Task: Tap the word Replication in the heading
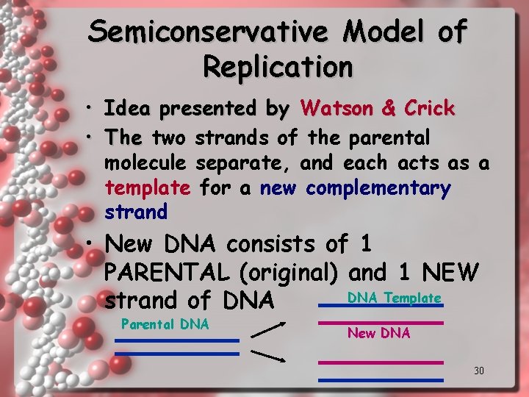tap(278, 66)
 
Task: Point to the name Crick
tap(428, 109)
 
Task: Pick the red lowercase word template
tap(148, 188)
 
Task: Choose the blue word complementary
tap(378, 188)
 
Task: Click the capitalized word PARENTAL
tap(168, 273)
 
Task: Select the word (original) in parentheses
tap(289, 273)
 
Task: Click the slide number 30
tap(478, 371)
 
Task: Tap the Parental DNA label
tap(165, 324)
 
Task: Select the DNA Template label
tap(394, 298)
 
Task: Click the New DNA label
tap(378, 333)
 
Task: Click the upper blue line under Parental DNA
tap(177, 340)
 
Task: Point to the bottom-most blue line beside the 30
tap(381, 380)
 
